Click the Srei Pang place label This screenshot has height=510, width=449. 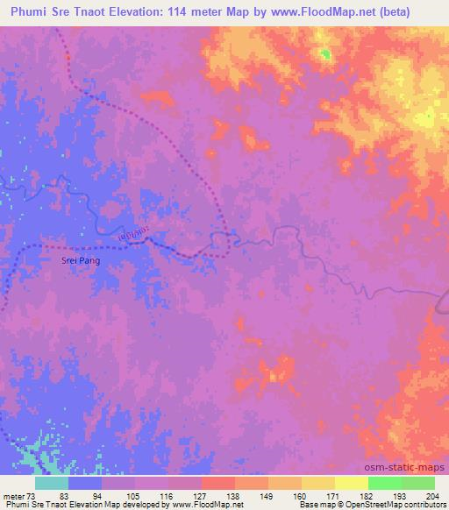(77, 260)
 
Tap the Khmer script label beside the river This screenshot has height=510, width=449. (132, 235)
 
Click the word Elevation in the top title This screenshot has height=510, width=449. (150, 12)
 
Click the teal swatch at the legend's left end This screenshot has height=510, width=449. (52, 482)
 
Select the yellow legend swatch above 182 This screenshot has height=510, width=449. (352, 482)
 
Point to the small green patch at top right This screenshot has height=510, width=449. (325, 55)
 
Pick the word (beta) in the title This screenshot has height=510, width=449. (420, 12)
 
